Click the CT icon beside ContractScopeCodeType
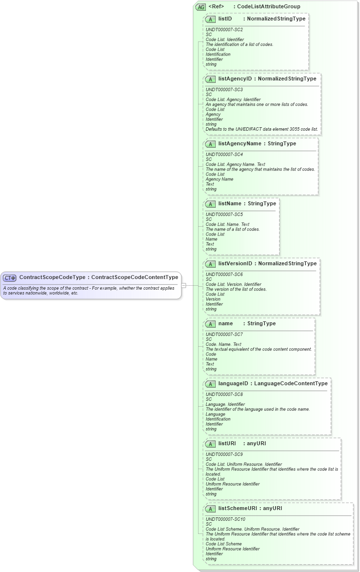[10, 278]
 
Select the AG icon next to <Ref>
[200, 7]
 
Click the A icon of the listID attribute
[211, 19]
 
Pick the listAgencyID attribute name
[235, 79]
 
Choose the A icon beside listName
[211, 204]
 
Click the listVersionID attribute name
[235, 263]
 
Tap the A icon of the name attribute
[211, 324]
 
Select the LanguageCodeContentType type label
[291, 383]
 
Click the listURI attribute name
[227, 444]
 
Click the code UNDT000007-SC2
[224, 30]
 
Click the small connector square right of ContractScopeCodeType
[183, 285]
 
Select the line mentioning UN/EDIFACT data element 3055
[262, 129]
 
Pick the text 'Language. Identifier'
[225, 404]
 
